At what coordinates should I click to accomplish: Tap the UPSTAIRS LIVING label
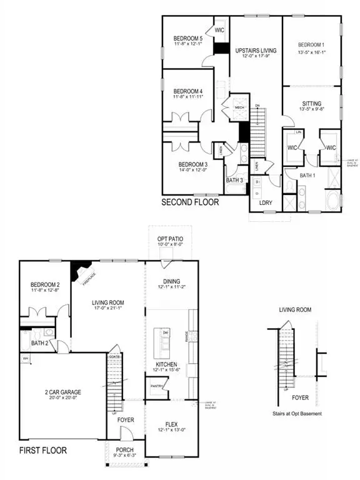click(255, 49)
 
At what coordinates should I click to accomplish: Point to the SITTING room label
click(311, 100)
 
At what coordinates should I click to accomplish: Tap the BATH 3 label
click(236, 181)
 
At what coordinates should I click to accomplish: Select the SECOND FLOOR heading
click(190, 202)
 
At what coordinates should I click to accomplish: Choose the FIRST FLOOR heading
click(43, 450)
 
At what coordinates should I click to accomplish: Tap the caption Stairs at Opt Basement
click(296, 413)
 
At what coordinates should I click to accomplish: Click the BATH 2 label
click(40, 343)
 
